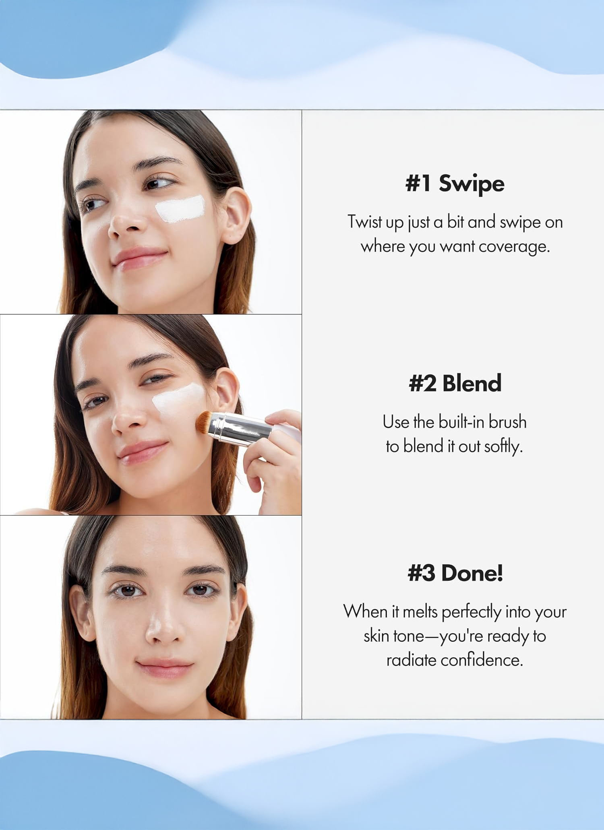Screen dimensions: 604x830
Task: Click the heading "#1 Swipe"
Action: [x=455, y=184]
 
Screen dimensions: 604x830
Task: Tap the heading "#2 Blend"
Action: [x=455, y=383]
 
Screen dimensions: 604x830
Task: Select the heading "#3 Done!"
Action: [x=455, y=573]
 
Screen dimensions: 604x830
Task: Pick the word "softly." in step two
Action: [x=503, y=446]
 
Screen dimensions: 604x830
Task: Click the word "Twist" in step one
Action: [x=364, y=221]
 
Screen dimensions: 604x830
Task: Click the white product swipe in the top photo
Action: [x=180, y=209]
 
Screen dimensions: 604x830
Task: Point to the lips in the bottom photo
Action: [x=165, y=669]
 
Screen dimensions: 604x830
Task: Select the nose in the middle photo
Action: [x=128, y=419]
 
